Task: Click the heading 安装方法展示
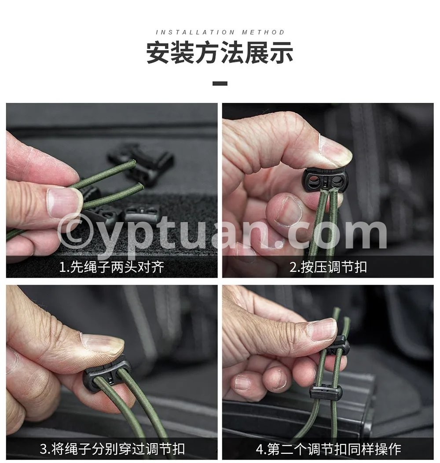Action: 220,53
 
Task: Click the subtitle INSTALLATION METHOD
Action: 220,32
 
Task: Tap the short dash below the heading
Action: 220,84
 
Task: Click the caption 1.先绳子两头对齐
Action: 112,267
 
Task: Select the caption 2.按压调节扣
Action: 328,267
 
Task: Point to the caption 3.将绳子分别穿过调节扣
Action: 112,449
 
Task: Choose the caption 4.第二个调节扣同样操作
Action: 328,449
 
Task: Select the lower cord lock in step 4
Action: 326,391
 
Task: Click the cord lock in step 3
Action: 107,374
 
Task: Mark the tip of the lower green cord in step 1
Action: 141,186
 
